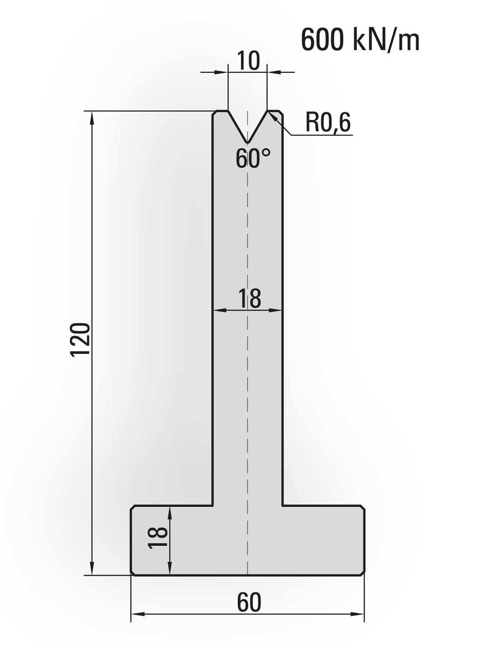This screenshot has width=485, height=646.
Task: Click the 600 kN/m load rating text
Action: point(360,40)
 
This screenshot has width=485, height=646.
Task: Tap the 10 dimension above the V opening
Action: point(248,61)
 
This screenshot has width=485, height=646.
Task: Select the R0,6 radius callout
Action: point(328,122)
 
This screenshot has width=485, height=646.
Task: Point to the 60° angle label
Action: point(253,159)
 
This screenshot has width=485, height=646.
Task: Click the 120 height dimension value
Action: point(80,340)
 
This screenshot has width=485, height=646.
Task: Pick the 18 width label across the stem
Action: point(249,299)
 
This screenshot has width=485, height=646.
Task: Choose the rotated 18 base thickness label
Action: point(158,538)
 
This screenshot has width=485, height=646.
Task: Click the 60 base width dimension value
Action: point(249,603)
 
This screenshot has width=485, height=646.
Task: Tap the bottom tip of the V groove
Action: point(248,143)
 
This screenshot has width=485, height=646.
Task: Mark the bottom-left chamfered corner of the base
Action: point(133,573)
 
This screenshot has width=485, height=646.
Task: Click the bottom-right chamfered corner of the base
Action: point(362,573)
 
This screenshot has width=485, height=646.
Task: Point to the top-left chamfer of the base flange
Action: point(133,508)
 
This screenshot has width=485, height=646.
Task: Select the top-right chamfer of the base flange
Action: point(362,508)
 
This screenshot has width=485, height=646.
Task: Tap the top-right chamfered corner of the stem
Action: point(281,113)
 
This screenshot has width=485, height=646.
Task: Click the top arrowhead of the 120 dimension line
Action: point(92,117)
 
